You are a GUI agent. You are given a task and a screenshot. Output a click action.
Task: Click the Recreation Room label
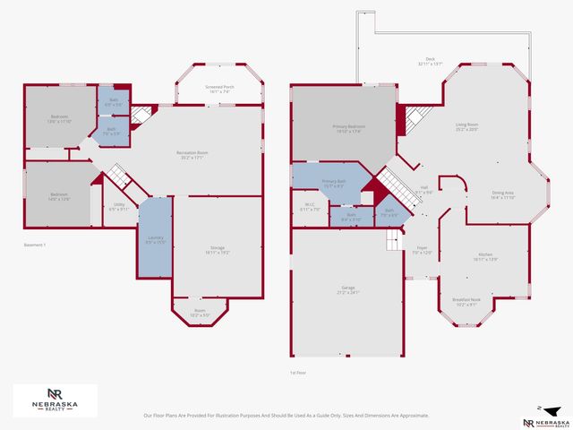click(x=192, y=154)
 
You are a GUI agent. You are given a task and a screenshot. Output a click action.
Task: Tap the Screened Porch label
click(x=219, y=88)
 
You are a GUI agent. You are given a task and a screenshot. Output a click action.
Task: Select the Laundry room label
click(x=155, y=239)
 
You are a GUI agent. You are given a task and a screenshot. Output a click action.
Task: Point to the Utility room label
click(x=119, y=205)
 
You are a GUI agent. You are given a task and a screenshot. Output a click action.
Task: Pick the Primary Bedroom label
click(x=345, y=129)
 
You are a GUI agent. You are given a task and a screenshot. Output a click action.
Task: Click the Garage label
click(x=346, y=288)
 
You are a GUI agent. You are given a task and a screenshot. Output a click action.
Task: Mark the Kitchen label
click(x=485, y=255)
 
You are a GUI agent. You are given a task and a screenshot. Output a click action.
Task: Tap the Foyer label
click(x=422, y=250)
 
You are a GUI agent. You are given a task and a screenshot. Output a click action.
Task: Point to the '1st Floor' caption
click(x=299, y=373)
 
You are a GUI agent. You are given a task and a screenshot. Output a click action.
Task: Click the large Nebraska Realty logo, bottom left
click(x=55, y=400)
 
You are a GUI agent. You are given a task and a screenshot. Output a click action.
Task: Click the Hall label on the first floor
click(x=424, y=189)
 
